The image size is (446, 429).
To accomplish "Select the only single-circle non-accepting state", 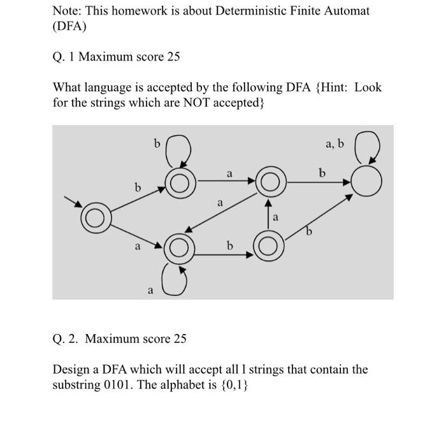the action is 367,183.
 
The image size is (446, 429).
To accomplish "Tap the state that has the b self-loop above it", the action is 180,184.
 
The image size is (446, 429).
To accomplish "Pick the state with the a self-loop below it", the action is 180,249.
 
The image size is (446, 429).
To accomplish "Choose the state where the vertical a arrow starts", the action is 269,245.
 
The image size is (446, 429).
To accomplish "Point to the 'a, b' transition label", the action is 334,143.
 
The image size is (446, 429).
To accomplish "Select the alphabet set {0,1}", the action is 233,386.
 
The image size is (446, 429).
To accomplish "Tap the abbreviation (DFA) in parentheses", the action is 69,27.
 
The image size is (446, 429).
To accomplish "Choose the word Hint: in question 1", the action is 332,87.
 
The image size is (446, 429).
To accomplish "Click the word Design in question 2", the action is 71,369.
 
